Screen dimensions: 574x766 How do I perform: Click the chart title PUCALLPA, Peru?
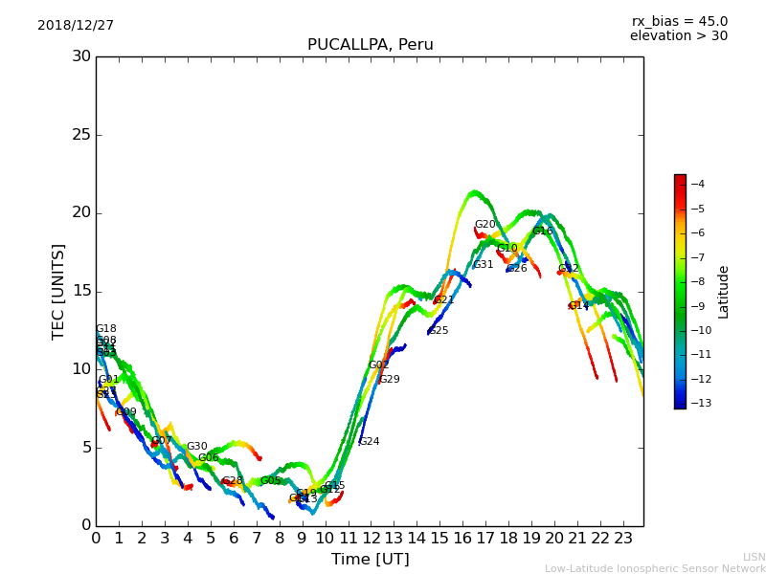point(370,45)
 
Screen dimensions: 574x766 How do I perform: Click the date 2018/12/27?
point(76,26)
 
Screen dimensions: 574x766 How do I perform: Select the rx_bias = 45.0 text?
point(679,22)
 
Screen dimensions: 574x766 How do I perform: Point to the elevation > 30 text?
point(678,36)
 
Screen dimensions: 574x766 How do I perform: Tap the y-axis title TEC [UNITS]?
point(58,291)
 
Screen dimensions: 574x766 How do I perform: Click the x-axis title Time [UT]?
point(370,559)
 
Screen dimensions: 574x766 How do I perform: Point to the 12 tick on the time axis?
point(371,538)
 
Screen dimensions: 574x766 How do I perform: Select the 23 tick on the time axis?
point(622,538)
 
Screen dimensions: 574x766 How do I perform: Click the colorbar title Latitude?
point(724,292)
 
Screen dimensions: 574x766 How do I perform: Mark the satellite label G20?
point(485,225)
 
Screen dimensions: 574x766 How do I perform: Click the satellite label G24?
point(369,442)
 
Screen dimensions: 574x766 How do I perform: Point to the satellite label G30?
point(196,447)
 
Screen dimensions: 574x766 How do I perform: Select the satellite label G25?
point(438,331)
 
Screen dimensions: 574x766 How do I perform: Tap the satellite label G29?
point(389,380)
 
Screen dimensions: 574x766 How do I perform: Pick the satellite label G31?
point(483,265)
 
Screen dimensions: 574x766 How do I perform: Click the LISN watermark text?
point(754,557)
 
